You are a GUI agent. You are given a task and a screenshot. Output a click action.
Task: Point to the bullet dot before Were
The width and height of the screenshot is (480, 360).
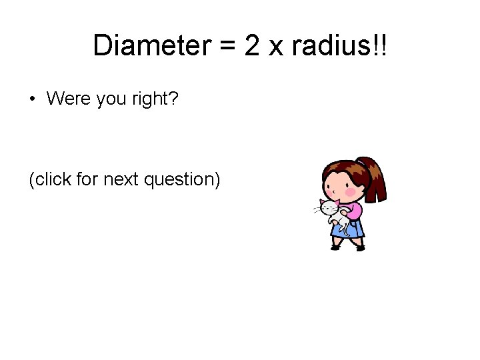[31, 100]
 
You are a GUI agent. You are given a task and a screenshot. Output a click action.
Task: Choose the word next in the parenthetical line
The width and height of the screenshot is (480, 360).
[124, 179]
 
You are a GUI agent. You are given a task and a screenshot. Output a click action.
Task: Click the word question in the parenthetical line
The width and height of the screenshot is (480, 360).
[183, 180]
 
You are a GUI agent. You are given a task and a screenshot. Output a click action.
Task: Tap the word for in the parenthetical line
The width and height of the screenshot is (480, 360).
[87, 179]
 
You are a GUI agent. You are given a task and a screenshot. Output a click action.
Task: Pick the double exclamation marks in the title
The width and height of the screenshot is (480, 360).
[382, 45]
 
